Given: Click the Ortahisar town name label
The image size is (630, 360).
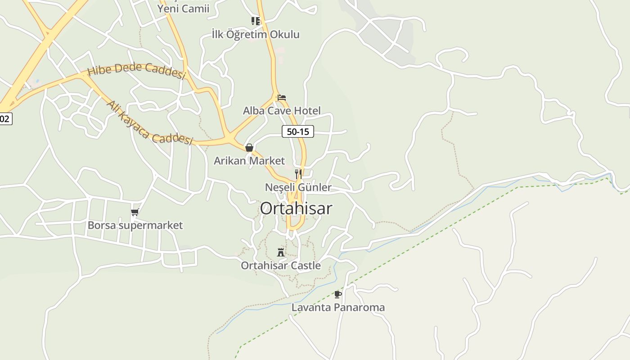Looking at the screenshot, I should click(296, 208).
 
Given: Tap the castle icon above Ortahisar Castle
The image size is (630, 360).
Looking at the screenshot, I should click(281, 252).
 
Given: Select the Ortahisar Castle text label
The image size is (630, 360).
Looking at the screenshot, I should click(281, 265).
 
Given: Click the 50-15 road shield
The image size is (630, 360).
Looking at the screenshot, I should click(297, 131).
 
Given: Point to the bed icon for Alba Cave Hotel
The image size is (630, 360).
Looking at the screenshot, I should click(282, 97).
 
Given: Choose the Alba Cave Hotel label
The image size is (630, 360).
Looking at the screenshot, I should click(282, 111).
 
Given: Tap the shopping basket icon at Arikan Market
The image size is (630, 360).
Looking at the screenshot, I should click(249, 148).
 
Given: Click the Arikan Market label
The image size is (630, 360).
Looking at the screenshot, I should click(249, 161).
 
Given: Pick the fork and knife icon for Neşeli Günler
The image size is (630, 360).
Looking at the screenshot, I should click(298, 174).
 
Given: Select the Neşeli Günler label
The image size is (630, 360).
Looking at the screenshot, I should click(298, 187).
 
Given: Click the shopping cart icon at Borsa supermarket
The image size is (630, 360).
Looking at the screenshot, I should click(135, 212).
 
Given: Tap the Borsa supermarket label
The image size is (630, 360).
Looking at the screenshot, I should click(135, 225).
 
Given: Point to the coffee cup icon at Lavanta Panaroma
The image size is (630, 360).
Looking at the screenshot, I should click(338, 294).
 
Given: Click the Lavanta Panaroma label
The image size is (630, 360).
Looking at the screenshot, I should click(338, 308).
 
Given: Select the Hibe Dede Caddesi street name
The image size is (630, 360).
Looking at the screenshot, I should click(136, 71).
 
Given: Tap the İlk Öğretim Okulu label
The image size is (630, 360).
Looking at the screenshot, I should click(256, 34).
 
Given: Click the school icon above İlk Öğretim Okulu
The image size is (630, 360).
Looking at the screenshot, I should click(256, 21).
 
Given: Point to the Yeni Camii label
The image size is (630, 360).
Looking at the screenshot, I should click(183, 9).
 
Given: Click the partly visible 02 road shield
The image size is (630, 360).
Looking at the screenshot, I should click(5, 119).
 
